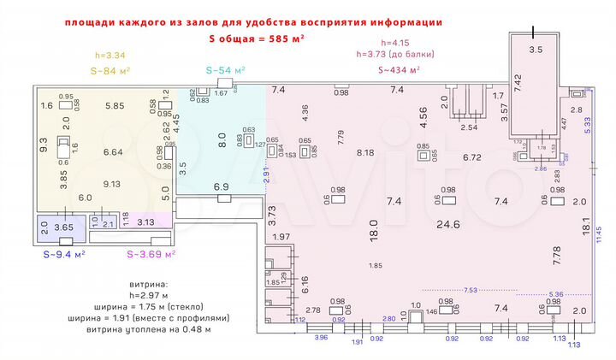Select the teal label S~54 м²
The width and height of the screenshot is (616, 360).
(226, 70)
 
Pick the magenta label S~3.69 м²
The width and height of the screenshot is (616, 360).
(151, 254)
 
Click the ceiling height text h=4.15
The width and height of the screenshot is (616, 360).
(398, 44)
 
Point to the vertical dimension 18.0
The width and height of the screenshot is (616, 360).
(374, 231)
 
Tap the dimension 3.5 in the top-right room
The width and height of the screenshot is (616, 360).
(536, 50)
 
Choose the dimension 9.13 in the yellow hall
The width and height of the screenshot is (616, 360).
(111, 183)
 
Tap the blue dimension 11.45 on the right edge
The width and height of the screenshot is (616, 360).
(600, 242)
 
